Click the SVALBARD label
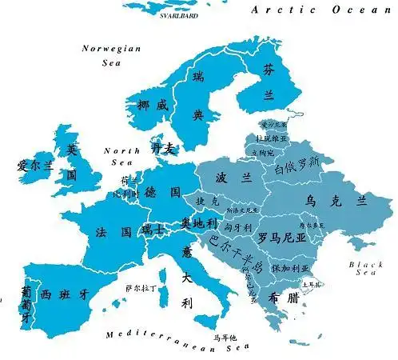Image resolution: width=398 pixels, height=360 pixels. (x=178, y=15)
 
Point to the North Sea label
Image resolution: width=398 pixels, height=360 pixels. (x=122, y=156)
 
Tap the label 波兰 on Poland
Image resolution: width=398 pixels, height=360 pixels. (x=229, y=177)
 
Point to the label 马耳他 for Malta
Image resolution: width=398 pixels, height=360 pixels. (x=225, y=337)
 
